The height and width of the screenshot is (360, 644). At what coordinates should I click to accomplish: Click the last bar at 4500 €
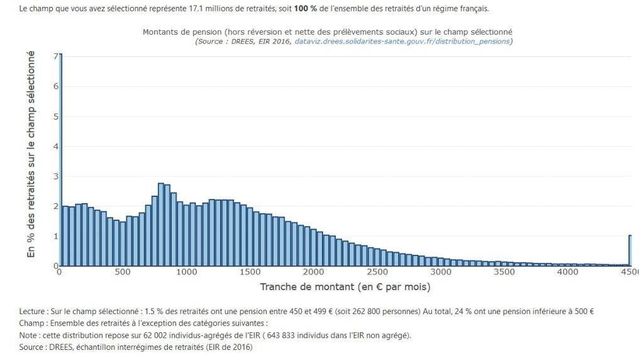point(630,250)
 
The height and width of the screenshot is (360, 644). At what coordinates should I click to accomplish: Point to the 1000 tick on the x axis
point(187,272)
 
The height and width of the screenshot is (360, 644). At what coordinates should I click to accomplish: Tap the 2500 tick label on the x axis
point(377,272)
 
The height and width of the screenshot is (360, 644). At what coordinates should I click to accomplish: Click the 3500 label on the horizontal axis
point(504,272)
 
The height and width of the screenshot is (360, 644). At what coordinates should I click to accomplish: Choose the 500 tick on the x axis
point(123,272)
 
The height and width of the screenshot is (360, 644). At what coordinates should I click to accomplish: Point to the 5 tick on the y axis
point(55,116)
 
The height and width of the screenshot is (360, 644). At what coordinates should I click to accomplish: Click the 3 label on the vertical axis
point(55,176)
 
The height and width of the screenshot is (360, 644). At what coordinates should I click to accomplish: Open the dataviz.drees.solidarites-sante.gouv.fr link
point(402,42)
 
